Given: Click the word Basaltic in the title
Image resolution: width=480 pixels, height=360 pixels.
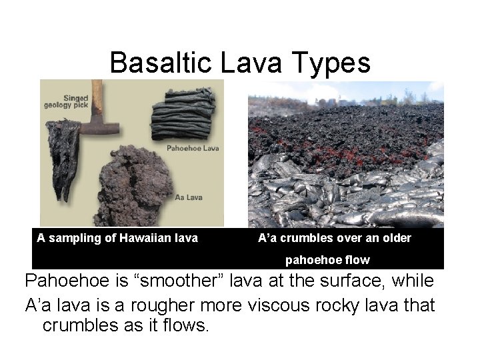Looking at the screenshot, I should coord(157,63).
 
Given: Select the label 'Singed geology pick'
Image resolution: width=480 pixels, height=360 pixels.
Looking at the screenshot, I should coord(67,101).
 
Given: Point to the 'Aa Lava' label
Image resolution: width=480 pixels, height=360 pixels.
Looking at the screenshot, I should coord(189,197).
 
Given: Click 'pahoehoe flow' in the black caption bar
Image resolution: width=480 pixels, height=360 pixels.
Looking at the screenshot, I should coord(327,259).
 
